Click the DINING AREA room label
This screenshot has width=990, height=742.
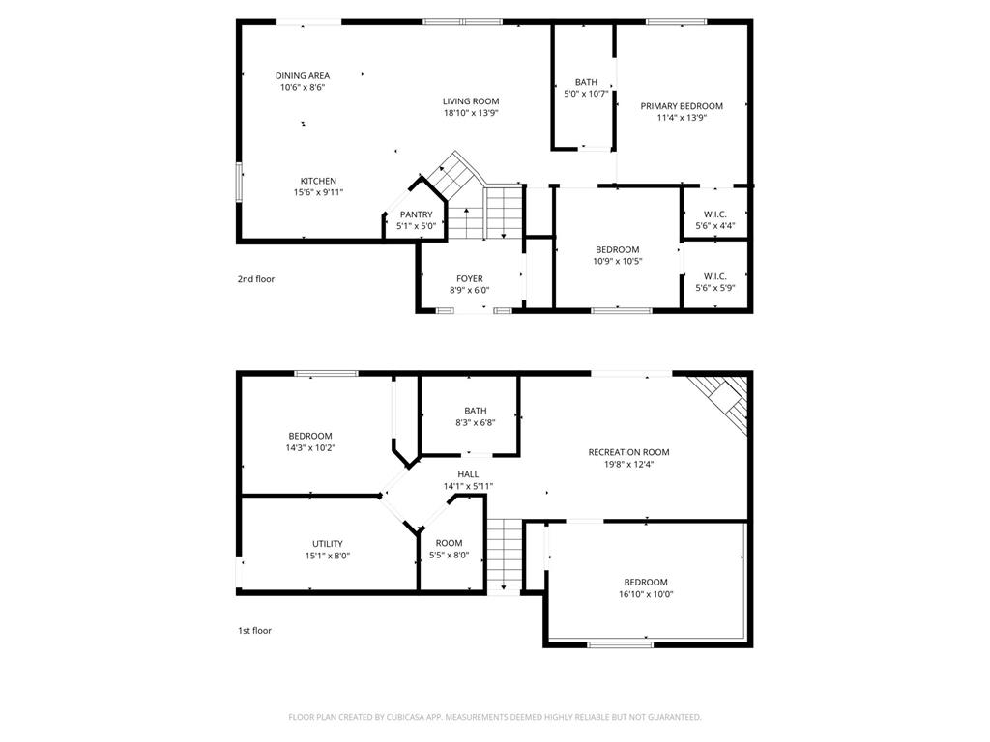point(303,75)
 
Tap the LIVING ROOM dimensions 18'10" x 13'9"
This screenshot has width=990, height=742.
point(471,113)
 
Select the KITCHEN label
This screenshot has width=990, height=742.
point(318,181)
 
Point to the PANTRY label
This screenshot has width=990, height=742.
point(416,214)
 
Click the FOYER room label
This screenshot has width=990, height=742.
point(470,278)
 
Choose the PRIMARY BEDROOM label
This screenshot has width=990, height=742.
point(682,106)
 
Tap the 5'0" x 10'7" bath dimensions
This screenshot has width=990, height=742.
point(586,94)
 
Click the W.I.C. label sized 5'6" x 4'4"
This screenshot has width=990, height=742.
point(715,214)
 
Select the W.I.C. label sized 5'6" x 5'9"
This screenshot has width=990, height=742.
point(715,276)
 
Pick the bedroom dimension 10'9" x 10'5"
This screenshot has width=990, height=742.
point(617,261)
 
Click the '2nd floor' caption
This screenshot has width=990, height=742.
point(256,279)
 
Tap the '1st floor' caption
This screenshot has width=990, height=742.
point(255,631)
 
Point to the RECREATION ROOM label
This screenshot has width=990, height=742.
point(628,452)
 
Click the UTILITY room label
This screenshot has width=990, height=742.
point(327,544)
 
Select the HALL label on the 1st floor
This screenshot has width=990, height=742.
point(468,474)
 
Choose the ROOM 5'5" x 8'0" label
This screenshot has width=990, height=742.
point(449,543)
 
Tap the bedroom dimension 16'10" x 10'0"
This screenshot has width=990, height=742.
point(645,594)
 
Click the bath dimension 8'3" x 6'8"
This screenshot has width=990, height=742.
point(475,422)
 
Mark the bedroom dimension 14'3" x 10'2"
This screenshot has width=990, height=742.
point(309,447)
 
